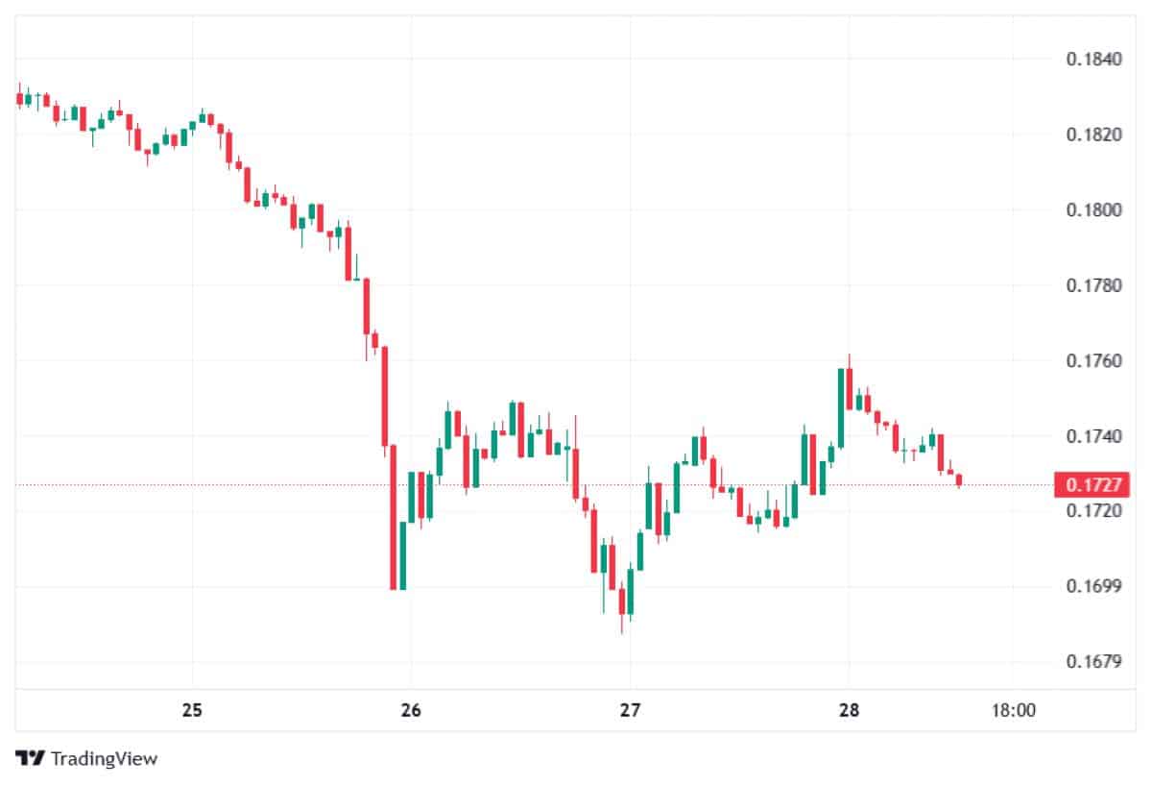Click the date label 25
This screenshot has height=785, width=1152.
192,711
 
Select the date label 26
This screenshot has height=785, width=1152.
411,711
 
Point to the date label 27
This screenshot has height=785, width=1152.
630,711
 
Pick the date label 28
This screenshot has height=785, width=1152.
849,711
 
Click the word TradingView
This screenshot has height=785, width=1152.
104,758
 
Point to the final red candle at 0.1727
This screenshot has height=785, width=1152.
959,480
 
